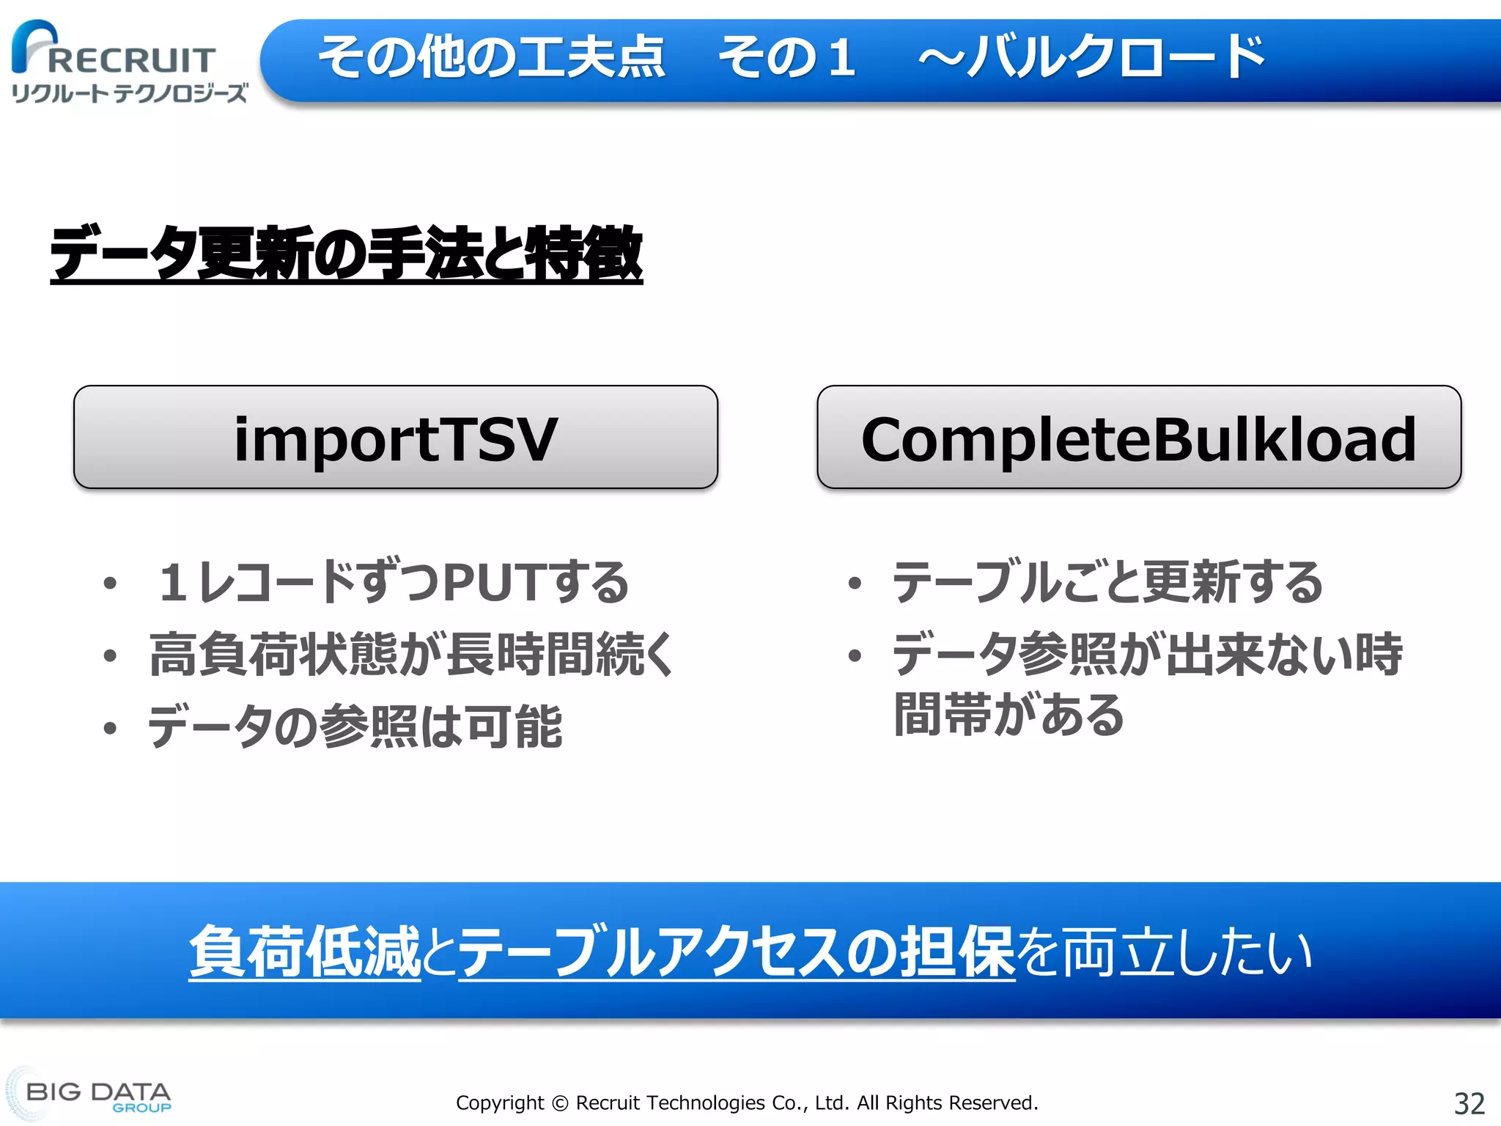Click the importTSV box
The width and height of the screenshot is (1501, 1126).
(395, 438)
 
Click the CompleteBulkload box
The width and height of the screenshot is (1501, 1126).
(1138, 438)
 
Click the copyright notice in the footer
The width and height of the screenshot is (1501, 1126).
(747, 1103)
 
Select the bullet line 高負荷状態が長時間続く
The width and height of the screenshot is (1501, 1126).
(410, 654)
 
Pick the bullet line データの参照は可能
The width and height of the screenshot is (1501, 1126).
(355, 726)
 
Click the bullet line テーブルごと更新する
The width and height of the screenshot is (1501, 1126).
(1107, 583)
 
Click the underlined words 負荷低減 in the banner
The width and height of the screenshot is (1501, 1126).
(305, 952)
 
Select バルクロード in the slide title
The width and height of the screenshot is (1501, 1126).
(1117, 56)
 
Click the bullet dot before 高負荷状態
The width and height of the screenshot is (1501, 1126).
(110, 655)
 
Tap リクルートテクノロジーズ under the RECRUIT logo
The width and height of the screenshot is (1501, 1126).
(129, 93)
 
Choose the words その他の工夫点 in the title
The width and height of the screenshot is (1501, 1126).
(492, 56)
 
